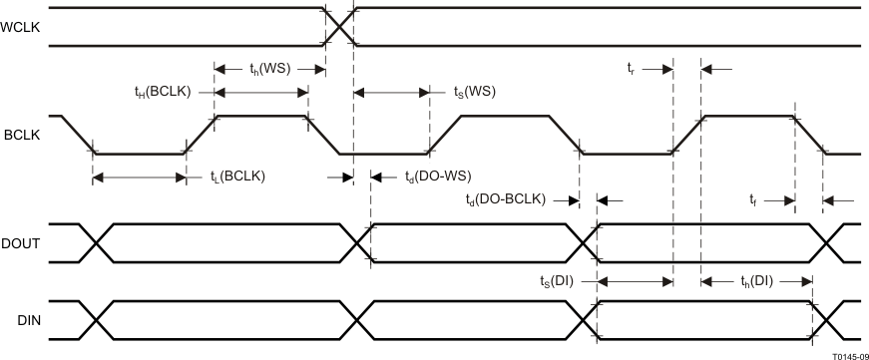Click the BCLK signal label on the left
pos(21,135)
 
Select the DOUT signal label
pos(21,242)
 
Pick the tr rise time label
pos(632,68)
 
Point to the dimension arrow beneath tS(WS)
pos(391,92)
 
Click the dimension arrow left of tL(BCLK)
pos(139,179)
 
